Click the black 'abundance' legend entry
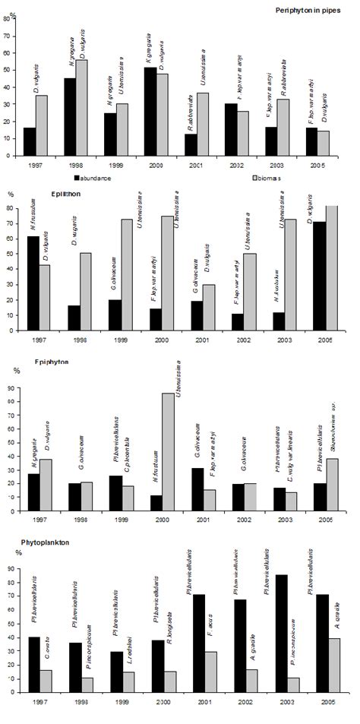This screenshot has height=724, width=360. pos(91,176)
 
